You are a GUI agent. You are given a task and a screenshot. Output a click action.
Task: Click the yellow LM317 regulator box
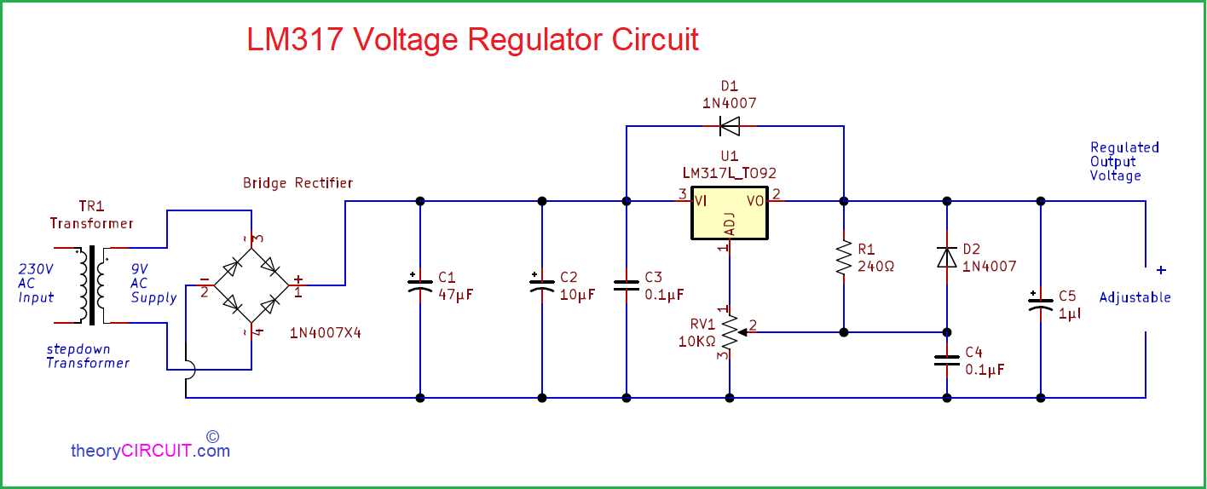pyautogui.click(x=729, y=213)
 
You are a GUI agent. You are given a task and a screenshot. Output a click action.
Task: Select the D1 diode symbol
pyautogui.click(x=730, y=127)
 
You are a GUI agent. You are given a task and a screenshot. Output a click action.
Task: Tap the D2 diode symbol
pyautogui.click(x=947, y=257)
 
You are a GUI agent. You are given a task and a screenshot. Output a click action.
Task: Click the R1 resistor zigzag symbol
pyautogui.click(x=844, y=257)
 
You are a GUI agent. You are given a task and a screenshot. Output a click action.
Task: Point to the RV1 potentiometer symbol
pyautogui.click(x=731, y=332)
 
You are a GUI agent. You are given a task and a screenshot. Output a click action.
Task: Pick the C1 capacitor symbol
pyautogui.click(x=420, y=285)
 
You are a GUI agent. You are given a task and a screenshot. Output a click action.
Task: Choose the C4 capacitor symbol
pyautogui.click(x=947, y=360)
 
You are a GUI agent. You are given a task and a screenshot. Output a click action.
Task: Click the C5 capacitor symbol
pyautogui.click(x=1041, y=304)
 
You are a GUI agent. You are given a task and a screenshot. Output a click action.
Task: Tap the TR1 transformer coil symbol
pyautogui.click(x=92, y=285)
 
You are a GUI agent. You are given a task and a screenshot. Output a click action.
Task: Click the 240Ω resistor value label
pyautogui.click(x=875, y=267)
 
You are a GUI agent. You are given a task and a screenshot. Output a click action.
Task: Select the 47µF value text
pyautogui.click(x=455, y=295)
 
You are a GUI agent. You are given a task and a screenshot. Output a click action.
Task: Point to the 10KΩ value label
pyautogui.click(x=696, y=342)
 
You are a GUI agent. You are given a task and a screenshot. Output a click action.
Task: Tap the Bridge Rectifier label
pyautogui.click(x=298, y=183)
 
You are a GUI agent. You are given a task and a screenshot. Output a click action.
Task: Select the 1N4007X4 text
pyautogui.click(x=326, y=333)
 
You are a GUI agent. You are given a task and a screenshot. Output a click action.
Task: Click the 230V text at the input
pyautogui.click(x=36, y=268)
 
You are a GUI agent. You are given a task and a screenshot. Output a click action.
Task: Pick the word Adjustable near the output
pyautogui.click(x=1135, y=297)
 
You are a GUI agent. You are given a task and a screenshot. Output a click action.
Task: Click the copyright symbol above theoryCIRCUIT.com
pyautogui.click(x=213, y=436)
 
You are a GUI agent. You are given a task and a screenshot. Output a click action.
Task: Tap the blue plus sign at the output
pyautogui.click(x=1162, y=270)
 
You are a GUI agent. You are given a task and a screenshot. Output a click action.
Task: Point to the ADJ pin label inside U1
pyautogui.click(x=730, y=224)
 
